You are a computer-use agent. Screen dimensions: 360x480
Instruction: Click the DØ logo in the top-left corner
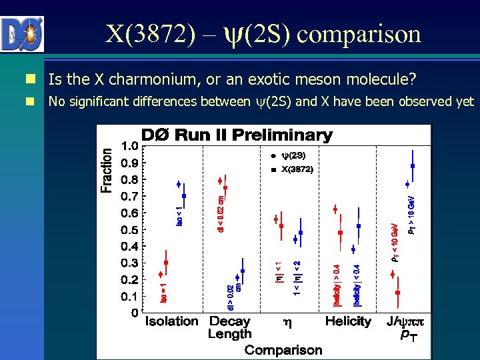[x=22, y=34]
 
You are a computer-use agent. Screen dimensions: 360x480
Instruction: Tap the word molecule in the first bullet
[x=378, y=80]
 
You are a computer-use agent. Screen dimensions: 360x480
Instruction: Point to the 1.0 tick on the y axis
[x=130, y=145]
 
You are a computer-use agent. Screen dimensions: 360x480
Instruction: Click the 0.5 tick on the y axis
[x=130, y=229]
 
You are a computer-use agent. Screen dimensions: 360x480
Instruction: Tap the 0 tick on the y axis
[x=135, y=313]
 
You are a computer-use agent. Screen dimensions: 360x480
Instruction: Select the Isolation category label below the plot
[x=172, y=321]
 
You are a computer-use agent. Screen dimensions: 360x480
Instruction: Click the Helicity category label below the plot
[x=348, y=321]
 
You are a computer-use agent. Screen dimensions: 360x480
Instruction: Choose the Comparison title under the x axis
[x=283, y=349]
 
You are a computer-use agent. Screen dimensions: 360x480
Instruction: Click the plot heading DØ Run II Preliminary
[x=237, y=135]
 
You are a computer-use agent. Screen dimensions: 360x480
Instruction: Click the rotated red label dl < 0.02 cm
[x=221, y=213]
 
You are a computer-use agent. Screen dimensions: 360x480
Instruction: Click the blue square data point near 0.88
[x=413, y=166]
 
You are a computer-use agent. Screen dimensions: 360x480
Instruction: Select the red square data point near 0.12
[x=398, y=292]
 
